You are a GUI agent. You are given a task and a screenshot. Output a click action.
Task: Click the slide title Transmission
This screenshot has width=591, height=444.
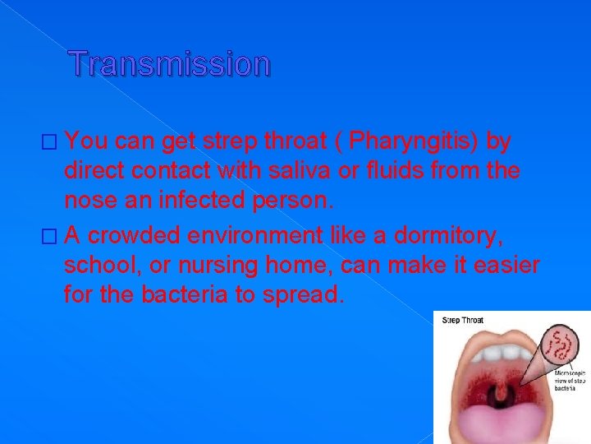(x=169, y=63)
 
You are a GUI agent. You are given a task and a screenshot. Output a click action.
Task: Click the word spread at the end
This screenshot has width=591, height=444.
(x=299, y=294)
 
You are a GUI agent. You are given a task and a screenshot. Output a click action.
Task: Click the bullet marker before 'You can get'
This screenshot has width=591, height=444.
(x=55, y=143)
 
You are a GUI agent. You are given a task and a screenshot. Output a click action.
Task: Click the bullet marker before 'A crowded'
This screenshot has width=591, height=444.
(x=55, y=238)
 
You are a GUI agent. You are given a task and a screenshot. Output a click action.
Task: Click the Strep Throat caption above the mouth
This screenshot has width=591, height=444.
(x=462, y=320)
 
